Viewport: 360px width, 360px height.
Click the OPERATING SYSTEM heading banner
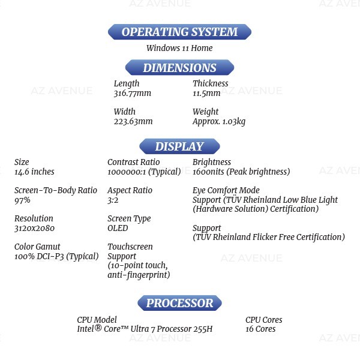coord(179,32)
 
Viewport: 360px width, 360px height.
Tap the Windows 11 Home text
coord(179,48)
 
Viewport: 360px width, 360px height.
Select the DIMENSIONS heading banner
coord(179,67)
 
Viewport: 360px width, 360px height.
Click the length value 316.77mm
coord(133,93)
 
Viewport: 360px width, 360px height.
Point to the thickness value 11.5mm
coord(206,93)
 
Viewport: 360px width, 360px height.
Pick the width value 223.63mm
coord(133,121)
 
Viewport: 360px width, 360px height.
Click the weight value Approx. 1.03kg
coord(219,122)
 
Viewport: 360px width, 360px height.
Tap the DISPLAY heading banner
coord(179,146)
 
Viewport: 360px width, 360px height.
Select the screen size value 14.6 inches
coord(34,172)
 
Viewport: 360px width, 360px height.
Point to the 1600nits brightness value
coord(208,172)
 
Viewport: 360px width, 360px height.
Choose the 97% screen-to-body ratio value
coord(22,200)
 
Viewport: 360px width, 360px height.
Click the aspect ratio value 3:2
coord(113,200)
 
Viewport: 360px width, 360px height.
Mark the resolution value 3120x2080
coord(34,228)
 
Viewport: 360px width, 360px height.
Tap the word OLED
coord(118,228)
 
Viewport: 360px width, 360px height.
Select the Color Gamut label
coord(37,247)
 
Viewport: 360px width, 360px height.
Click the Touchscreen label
coord(130,247)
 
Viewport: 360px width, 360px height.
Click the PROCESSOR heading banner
coord(179,303)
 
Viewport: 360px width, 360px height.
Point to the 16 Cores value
coord(260,329)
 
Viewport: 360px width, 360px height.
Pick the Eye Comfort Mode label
coord(226,190)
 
